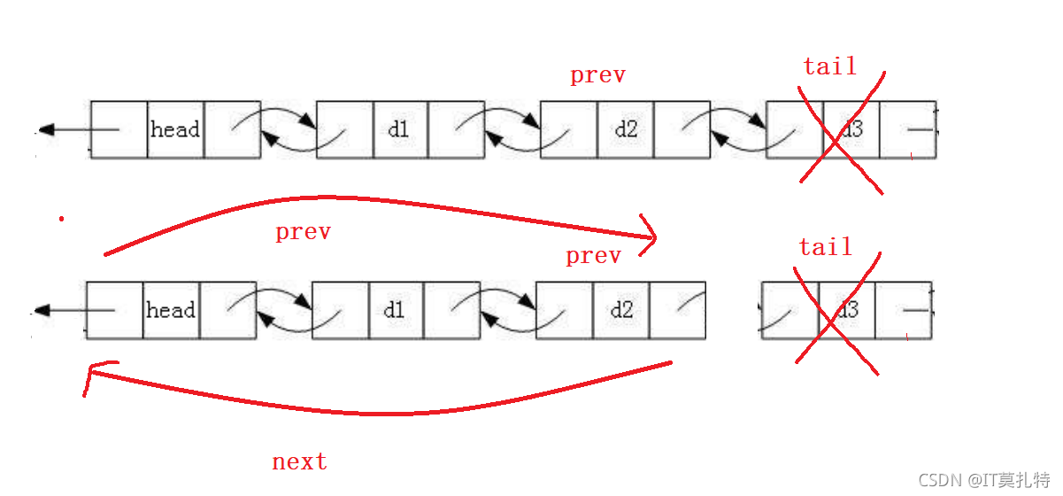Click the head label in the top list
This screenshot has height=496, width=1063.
click(175, 129)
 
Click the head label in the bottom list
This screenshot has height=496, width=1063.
click(171, 310)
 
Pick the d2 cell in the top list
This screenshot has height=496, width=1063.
click(626, 129)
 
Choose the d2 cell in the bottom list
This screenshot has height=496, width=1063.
click(621, 310)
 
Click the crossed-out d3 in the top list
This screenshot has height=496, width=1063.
click(851, 129)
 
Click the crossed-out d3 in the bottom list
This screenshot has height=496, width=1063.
click(848, 310)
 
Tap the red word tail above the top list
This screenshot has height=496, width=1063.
click(830, 66)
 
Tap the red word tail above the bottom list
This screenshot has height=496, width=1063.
click(826, 247)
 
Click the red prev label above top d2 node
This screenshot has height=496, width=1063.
click(598, 75)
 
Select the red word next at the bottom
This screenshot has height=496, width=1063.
click(299, 461)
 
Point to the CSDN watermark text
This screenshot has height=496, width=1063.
click(984, 480)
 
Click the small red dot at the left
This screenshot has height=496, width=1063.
click(62, 219)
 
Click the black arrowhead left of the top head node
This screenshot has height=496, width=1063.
click(47, 129)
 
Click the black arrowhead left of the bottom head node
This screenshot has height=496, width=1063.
click(42, 310)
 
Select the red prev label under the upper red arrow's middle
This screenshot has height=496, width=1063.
click(304, 233)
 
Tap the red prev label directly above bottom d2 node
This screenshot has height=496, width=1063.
click(594, 257)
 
